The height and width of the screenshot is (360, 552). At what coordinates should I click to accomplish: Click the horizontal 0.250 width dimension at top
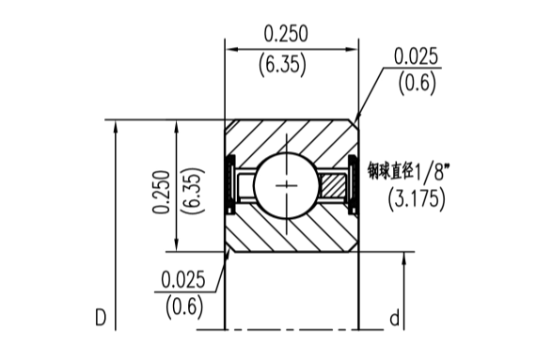coord(286,34)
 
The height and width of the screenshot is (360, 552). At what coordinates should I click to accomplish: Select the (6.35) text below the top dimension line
coord(282,65)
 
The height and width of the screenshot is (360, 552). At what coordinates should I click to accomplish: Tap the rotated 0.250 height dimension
coord(161,192)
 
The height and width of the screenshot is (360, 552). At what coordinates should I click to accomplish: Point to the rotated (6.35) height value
coord(192,190)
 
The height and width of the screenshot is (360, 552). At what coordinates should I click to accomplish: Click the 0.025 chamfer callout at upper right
coord(417,56)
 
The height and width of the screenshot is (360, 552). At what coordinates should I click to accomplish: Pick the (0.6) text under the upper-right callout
coord(418,84)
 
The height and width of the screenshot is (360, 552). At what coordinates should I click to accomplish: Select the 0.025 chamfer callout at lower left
coord(183,280)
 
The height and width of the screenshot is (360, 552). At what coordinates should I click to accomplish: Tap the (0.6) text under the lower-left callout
coord(184,306)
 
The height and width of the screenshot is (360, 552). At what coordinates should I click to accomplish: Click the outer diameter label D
coord(101,318)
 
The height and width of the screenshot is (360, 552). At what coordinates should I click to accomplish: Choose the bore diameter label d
coord(395,318)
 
